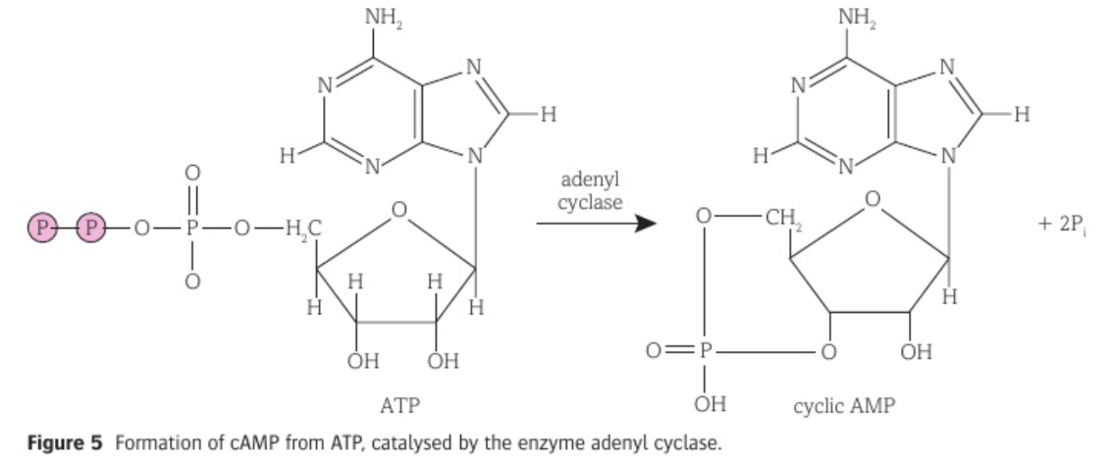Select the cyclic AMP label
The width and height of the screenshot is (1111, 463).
tap(843, 406)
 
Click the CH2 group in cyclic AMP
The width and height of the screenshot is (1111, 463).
tap(779, 217)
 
